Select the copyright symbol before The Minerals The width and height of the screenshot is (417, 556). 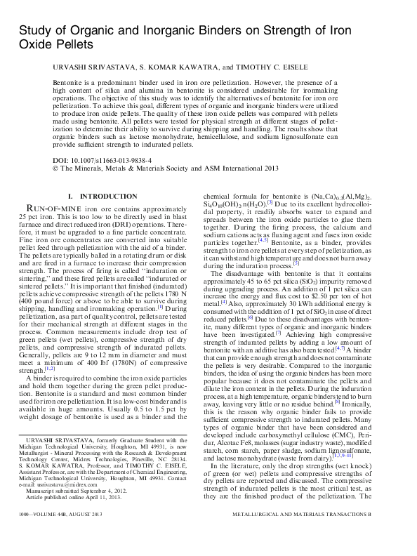coord(56,168)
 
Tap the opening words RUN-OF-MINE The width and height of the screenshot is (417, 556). coord(53,208)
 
